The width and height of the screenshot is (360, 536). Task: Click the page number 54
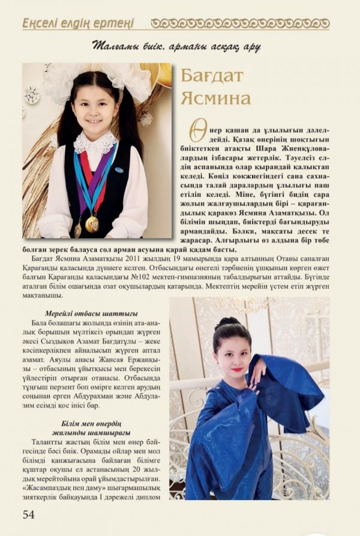(28, 514)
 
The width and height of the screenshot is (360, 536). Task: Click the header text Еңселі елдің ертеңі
(77, 23)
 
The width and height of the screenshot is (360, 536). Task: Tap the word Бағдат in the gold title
(211, 76)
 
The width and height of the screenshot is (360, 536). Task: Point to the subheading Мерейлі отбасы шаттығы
(91, 313)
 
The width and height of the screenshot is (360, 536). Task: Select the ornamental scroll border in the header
(239, 23)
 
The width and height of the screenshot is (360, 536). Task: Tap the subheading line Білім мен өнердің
(91, 423)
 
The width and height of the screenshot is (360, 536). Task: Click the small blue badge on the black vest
(121, 169)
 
